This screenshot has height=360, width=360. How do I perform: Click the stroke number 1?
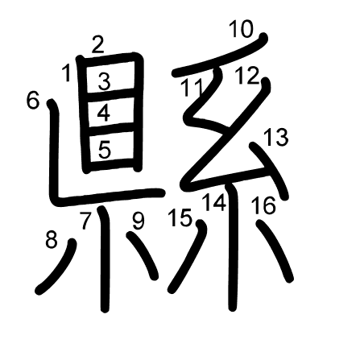[66, 75]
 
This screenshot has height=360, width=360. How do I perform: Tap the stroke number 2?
[97, 45]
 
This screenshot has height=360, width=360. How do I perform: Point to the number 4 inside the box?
[103, 114]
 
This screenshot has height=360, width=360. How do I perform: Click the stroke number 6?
[32, 101]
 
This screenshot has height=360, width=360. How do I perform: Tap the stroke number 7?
[86, 217]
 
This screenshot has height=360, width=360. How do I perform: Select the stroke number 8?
[52, 239]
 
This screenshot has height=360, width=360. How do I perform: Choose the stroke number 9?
[138, 220]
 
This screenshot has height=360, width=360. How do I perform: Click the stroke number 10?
[240, 31]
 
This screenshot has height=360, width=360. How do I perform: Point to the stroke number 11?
[191, 88]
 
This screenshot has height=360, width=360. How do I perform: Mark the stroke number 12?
[247, 77]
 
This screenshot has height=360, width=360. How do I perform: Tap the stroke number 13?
[275, 137]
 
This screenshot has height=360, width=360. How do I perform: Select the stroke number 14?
[214, 202]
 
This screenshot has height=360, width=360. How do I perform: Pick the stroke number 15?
[181, 217]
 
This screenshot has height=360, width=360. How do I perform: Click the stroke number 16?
[263, 205]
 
